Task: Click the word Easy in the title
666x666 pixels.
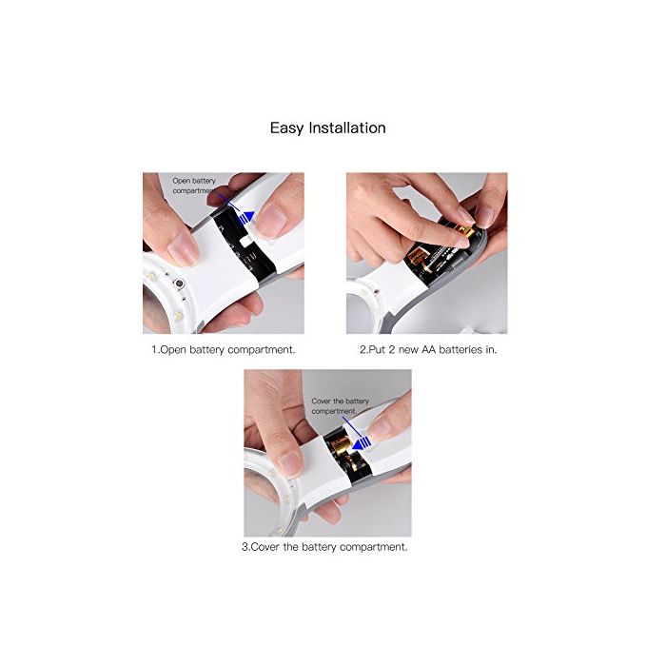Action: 287,128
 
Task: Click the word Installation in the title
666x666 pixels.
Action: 347,127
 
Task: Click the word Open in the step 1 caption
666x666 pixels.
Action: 174,350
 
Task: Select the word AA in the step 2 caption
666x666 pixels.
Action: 428,349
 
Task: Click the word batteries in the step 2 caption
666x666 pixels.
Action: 460,349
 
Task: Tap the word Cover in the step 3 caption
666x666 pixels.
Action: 265,547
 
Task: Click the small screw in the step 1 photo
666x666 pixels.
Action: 179,283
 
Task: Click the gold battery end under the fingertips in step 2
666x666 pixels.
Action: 464,232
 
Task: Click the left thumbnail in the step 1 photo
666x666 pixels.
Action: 183,249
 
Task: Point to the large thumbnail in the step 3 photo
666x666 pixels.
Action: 290,464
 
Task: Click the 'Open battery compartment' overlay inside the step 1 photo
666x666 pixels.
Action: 194,186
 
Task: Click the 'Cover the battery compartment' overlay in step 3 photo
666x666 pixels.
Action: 341,406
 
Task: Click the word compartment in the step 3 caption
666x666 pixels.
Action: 373,547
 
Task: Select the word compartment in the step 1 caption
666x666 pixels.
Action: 261,350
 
